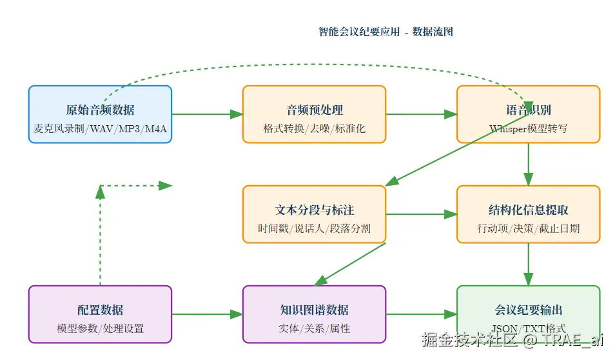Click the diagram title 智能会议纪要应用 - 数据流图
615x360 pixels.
[386, 32]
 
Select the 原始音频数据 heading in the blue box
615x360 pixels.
[100, 110]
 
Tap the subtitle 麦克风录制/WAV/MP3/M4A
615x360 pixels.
[100, 128]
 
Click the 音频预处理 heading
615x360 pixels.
[314, 110]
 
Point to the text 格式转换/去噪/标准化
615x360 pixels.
[314, 128]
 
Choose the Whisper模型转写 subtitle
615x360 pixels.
[528, 128]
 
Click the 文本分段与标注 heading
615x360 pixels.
[314, 210]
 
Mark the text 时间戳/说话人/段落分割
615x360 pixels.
[314, 228]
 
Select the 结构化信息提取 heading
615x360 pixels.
[528, 210]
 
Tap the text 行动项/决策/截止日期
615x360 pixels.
[528, 228]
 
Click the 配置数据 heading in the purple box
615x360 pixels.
[100, 310]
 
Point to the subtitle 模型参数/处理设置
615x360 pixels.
[100, 328]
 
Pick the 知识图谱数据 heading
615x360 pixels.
[314, 310]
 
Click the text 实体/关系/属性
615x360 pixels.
[314, 328]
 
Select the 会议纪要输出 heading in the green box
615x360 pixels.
[528, 310]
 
